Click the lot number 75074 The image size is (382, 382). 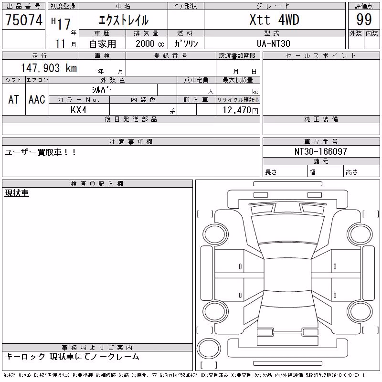click(x=24, y=20)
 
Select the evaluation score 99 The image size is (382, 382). click(x=364, y=20)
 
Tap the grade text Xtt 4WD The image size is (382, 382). click(x=274, y=20)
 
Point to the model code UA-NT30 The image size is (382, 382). click(x=274, y=43)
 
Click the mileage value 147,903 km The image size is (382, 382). click(x=49, y=68)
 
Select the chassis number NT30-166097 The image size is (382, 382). click(x=320, y=151)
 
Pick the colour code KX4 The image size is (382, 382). click(x=78, y=110)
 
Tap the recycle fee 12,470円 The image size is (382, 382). click(x=240, y=110)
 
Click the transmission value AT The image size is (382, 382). click(x=13, y=99)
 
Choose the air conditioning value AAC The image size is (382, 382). click(x=37, y=99)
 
